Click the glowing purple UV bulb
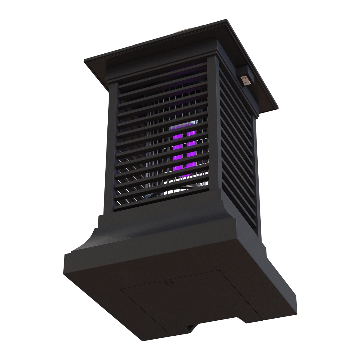point(184,150)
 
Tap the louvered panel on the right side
point(237,150)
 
